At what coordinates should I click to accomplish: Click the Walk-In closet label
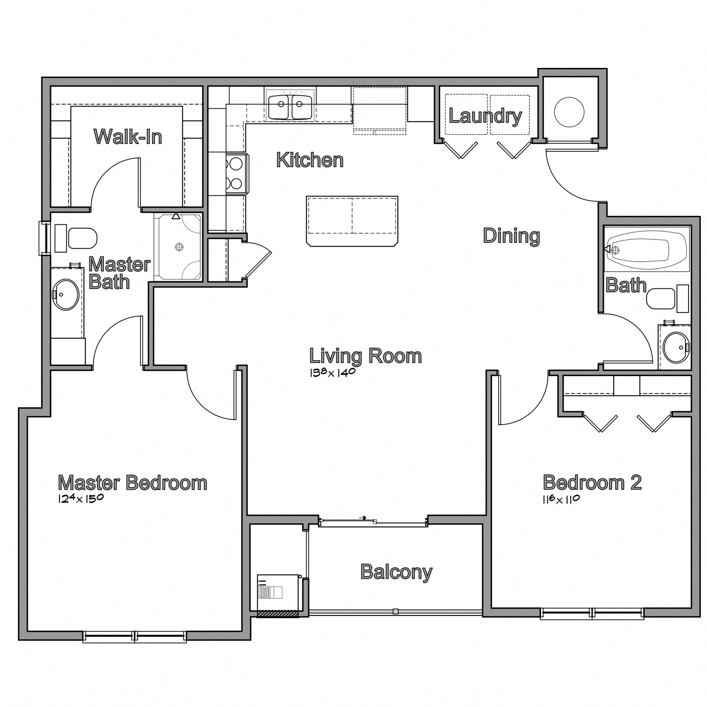click(128, 137)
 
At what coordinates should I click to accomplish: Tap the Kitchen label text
click(310, 160)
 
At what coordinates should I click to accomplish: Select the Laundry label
click(485, 116)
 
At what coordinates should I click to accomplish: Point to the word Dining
click(511, 236)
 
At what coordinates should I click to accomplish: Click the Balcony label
click(396, 572)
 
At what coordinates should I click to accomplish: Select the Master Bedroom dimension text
click(81, 499)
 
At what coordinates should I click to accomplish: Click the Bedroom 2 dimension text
click(561, 499)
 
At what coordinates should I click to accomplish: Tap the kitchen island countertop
click(352, 221)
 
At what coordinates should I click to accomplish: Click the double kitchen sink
click(290, 107)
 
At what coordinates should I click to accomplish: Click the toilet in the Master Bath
click(76, 238)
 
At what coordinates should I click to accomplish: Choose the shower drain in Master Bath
click(179, 247)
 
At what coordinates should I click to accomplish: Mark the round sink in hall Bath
click(676, 347)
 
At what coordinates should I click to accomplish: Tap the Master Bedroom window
click(135, 636)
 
